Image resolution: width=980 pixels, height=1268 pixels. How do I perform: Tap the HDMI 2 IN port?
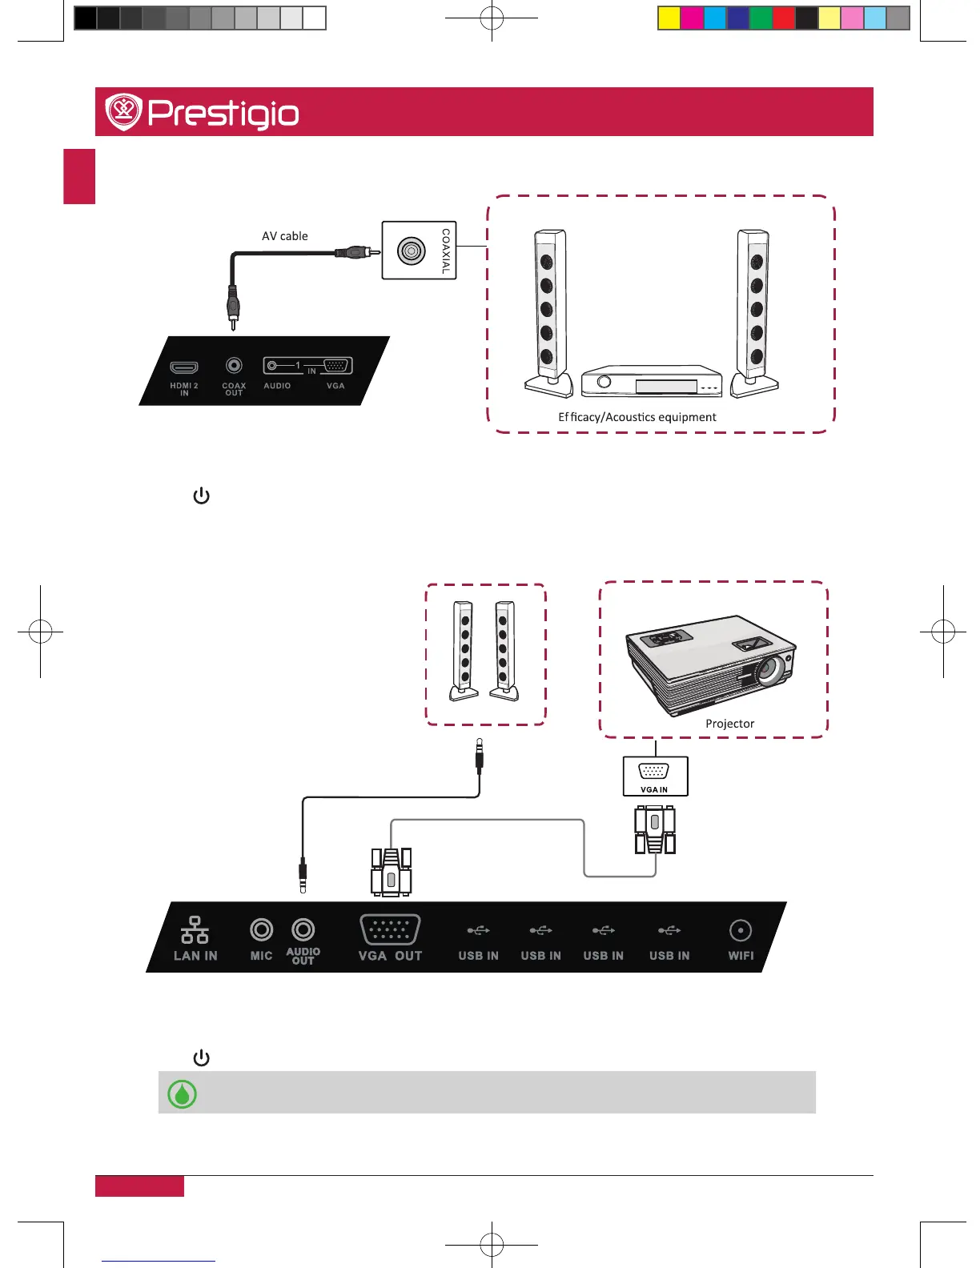point(184,367)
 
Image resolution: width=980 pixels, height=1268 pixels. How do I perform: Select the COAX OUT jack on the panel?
point(234,366)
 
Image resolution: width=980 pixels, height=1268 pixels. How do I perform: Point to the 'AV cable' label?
point(284,236)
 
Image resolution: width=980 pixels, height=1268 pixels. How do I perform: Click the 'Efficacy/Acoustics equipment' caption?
point(637,417)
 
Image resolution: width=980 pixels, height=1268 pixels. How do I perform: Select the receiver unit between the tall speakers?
point(652,382)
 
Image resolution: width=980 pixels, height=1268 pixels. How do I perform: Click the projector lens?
point(770,668)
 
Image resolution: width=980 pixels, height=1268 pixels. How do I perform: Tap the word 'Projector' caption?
point(729,724)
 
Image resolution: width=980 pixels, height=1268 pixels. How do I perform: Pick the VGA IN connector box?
point(655,776)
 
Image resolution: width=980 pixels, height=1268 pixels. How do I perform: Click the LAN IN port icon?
point(195,930)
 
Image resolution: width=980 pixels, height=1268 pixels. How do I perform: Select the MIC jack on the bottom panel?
point(262,930)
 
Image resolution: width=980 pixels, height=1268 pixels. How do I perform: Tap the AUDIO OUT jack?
point(303,930)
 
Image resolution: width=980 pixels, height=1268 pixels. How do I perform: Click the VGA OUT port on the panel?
point(390,929)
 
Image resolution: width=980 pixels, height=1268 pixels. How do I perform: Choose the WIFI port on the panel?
point(741,930)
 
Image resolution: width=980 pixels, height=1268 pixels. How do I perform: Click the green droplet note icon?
point(182,1093)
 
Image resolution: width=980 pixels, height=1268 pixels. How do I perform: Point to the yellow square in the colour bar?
point(669,18)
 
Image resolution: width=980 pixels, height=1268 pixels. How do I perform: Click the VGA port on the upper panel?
point(336,366)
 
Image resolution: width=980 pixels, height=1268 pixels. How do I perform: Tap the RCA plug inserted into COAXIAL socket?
point(356,252)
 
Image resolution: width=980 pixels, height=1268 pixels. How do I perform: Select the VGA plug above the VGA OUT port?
point(391,873)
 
